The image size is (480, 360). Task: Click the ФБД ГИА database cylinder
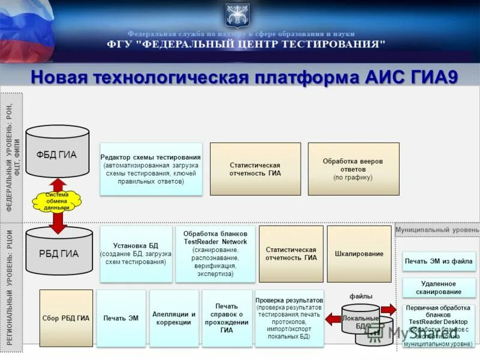click(x=58, y=153)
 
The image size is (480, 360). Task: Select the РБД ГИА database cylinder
click(x=58, y=252)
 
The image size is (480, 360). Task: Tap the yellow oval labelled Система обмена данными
click(x=58, y=201)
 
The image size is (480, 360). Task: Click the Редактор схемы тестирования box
click(x=151, y=169)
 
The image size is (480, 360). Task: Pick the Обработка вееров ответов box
click(x=353, y=169)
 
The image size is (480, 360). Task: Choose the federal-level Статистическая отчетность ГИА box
click(x=255, y=169)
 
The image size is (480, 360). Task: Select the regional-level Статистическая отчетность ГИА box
click(x=291, y=254)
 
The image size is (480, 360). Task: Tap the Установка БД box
click(x=136, y=254)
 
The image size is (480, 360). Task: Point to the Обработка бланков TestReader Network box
click(x=215, y=254)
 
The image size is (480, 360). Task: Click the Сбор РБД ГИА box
click(x=66, y=318)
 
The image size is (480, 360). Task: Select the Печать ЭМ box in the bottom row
click(x=121, y=318)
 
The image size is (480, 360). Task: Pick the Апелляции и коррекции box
click(x=174, y=318)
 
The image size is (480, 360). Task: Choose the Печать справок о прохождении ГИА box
click(x=227, y=318)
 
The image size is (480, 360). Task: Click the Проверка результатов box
click(x=289, y=318)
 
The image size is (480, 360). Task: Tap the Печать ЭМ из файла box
click(x=439, y=261)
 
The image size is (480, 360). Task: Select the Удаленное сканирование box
click(x=439, y=287)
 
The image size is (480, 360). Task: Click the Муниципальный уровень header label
click(x=437, y=230)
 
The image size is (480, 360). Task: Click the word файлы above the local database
click(x=361, y=296)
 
